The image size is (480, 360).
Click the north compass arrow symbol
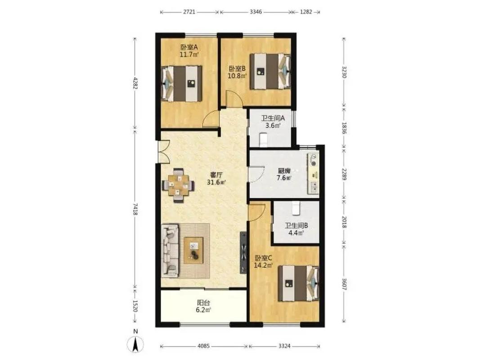click(x=135, y=343)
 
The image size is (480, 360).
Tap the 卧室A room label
click(x=189, y=47)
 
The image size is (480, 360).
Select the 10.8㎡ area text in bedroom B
click(x=237, y=76)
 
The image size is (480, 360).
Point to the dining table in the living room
click(x=178, y=185)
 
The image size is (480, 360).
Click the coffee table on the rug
click(x=193, y=250)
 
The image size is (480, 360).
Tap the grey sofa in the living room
click(x=170, y=251)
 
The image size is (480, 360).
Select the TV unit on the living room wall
click(x=243, y=252)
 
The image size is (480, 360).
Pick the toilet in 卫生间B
click(x=296, y=208)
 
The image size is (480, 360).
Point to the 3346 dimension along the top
click(x=256, y=12)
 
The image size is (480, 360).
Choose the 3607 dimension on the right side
click(x=344, y=284)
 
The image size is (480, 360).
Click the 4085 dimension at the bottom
click(x=204, y=346)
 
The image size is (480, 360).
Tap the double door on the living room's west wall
click(x=163, y=152)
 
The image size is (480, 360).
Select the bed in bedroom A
click(x=182, y=83)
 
